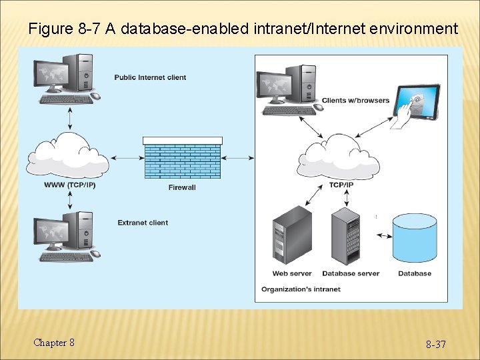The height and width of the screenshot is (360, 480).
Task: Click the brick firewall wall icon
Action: point(183,158)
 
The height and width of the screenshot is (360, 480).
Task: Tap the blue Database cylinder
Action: point(415,238)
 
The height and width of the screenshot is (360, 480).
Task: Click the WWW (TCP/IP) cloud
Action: point(68,157)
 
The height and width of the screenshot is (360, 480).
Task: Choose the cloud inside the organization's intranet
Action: point(339,157)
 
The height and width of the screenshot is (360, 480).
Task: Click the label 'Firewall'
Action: point(182,187)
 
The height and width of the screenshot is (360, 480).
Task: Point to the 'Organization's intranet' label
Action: point(301,289)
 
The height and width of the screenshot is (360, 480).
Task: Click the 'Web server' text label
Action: point(292,273)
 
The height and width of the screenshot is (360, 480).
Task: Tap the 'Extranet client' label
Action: point(143,223)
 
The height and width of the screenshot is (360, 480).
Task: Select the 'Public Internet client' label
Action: point(150,77)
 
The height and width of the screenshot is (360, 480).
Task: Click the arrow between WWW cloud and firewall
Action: point(126,158)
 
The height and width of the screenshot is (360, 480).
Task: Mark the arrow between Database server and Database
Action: point(383,235)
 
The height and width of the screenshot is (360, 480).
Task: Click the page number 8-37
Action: point(436,345)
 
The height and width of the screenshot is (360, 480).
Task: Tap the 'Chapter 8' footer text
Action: point(54,343)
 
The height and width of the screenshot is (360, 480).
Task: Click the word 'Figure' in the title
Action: point(50,29)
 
